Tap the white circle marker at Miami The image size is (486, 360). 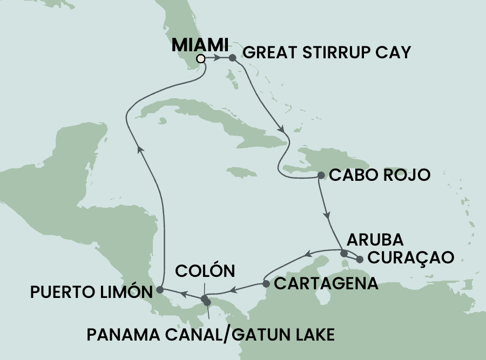click(201, 58)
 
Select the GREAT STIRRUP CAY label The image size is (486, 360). click(327, 53)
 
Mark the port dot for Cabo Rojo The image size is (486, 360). click(321, 175)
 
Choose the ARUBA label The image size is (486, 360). click(376, 239)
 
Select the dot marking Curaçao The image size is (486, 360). click(360, 260)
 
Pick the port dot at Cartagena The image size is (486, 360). click(266, 283)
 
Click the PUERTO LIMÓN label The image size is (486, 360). click(90, 292)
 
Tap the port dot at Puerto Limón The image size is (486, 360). click(160, 290)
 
